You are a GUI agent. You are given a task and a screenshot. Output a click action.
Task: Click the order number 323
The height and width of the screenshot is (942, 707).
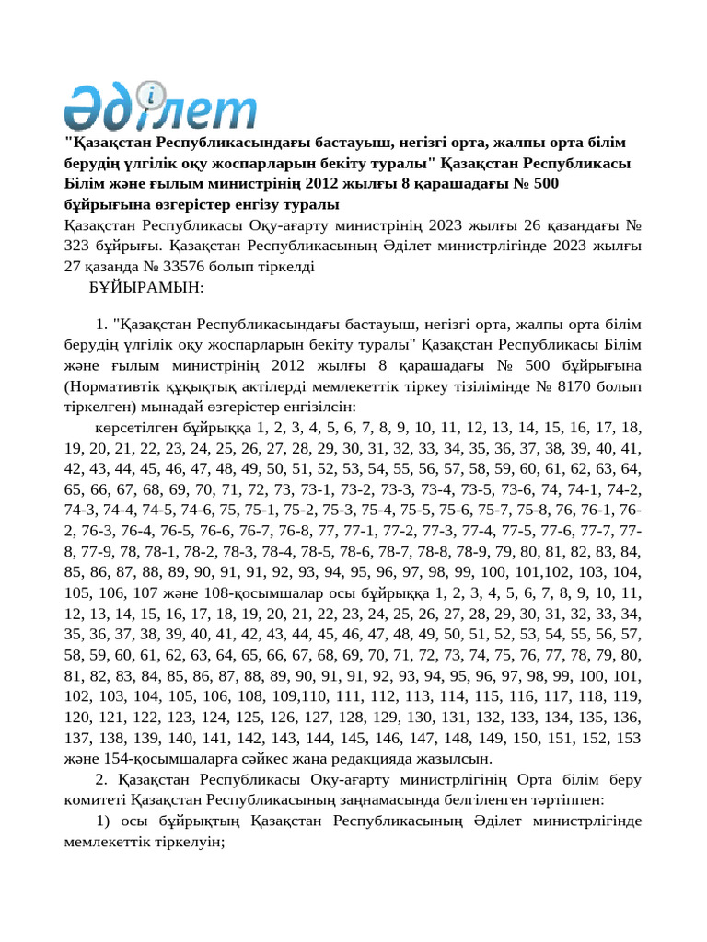coord(79,247)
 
